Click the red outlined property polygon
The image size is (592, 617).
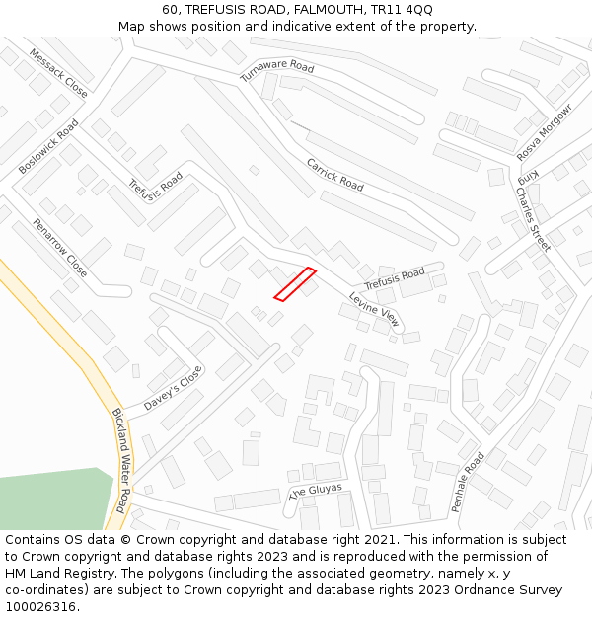point(295,283)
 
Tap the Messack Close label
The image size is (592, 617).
point(57,72)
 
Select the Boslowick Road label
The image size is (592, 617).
point(48,147)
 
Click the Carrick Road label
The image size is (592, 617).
point(334,175)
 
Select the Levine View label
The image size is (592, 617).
point(375,309)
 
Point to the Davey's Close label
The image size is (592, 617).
point(173,389)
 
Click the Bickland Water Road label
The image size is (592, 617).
point(118,460)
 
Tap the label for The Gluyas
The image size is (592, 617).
point(315,491)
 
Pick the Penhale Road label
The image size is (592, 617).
point(468,482)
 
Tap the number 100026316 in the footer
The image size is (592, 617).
point(40,607)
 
